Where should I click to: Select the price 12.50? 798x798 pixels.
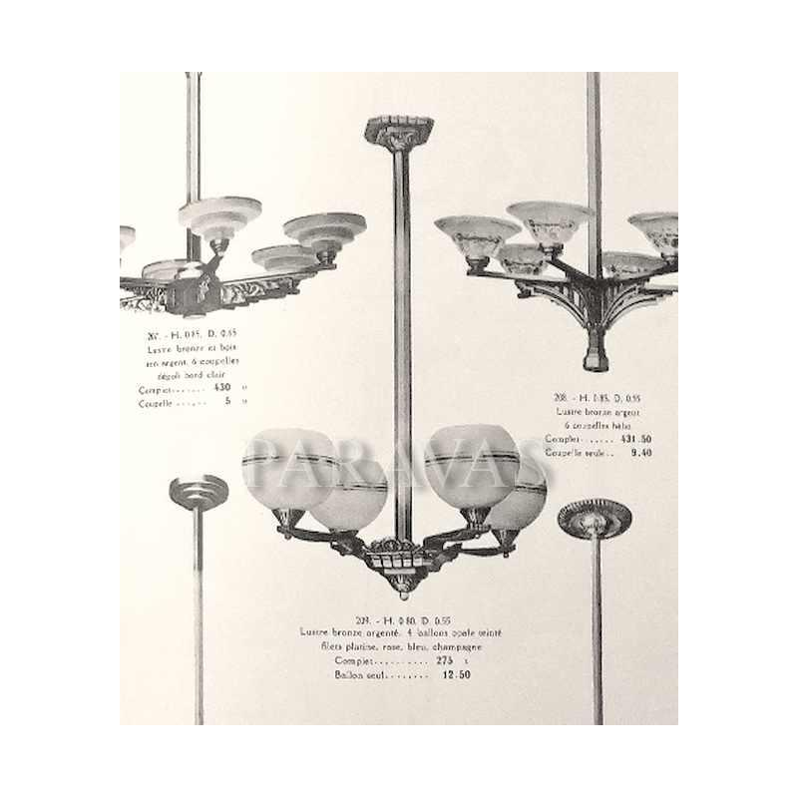pyautogui.click(x=455, y=675)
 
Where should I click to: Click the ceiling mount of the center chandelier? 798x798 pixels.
pyautogui.click(x=398, y=132)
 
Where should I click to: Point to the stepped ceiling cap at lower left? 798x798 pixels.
pyautogui.click(x=199, y=491)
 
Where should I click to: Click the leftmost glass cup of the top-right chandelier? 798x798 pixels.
pyautogui.click(x=477, y=237)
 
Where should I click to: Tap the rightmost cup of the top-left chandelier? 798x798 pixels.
pyautogui.click(x=326, y=232)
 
